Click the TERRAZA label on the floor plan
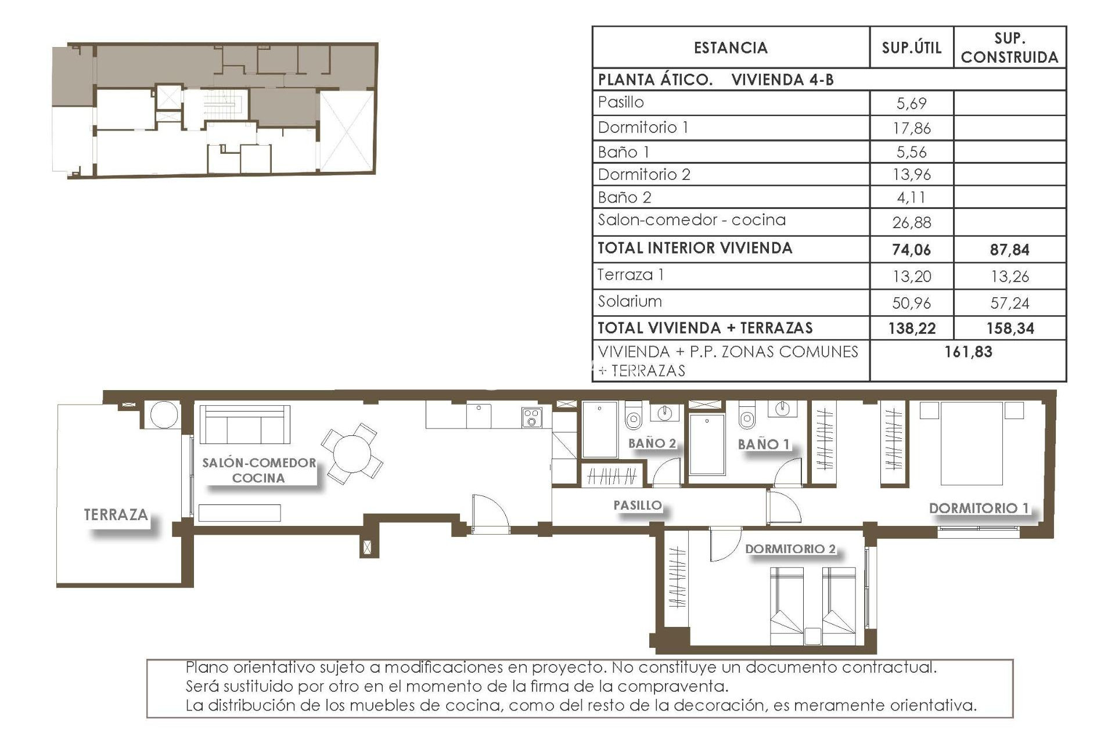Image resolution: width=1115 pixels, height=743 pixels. pyautogui.click(x=116, y=514)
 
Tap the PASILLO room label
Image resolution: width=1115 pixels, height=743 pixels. pyautogui.click(x=638, y=505)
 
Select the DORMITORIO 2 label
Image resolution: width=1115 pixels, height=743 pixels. pyautogui.click(x=790, y=549)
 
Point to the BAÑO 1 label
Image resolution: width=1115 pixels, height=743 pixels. pyautogui.click(x=764, y=445)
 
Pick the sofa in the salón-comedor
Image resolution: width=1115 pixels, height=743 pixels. pyautogui.click(x=244, y=424)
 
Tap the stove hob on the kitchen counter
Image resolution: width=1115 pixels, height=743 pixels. pyautogui.click(x=531, y=417)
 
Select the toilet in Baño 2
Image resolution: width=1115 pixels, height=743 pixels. pyautogui.click(x=633, y=417)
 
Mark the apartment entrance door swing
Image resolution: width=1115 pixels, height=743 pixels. pyautogui.click(x=490, y=514)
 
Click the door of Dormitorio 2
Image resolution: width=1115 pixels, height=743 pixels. pyautogui.click(x=724, y=544)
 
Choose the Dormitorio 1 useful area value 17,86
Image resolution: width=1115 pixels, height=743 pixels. pyautogui.click(x=911, y=128)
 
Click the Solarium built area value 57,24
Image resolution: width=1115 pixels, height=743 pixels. pyautogui.click(x=1009, y=303)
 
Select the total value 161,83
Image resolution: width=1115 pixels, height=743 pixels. pyautogui.click(x=968, y=352)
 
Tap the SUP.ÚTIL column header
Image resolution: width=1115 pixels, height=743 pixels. pyautogui.click(x=911, y=48)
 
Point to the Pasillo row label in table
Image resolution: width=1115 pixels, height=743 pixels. pyautogui.click(x=621, y=102)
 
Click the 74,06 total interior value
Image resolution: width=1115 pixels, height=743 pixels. pyautogui.click(x=911, y=250)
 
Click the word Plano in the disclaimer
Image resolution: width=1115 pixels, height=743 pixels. pyautogui.click(x=206, y=667)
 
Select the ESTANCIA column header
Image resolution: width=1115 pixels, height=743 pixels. pyautogui.click(x=731, y=48)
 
